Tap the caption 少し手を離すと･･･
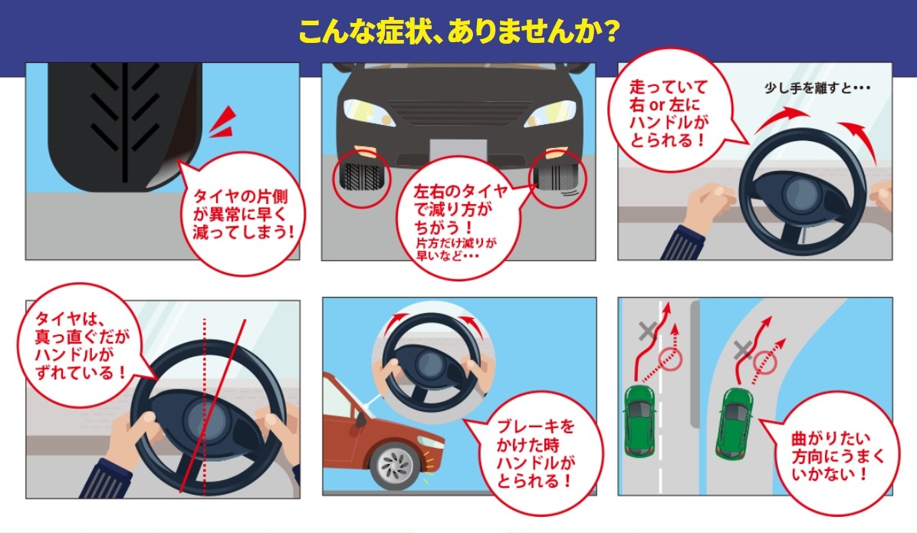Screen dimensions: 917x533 coord(817,87)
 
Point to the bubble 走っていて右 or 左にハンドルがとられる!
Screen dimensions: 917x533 coord(669,113)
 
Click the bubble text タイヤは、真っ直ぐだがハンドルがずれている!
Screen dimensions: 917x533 coord(82,345)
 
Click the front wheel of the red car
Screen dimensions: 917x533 coord(398,466)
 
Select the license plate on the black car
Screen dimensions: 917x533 coord(458,150)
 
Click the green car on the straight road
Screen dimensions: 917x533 coord(639,419)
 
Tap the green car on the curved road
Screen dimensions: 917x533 coord(735,423)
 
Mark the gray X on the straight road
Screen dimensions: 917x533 coord(647,331)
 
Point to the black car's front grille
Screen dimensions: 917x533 coord(459,112)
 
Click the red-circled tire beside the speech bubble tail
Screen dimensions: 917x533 coord(557,178)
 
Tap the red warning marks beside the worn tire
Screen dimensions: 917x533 coord(223,123)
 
